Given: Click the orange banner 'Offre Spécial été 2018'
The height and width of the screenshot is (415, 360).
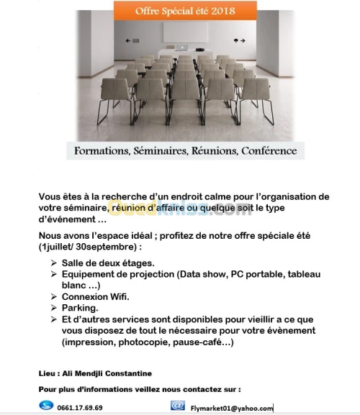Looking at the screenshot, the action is point(176,10).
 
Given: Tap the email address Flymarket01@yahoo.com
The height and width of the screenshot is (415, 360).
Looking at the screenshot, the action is point(232,408).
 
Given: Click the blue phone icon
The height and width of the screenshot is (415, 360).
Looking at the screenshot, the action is point(45,406).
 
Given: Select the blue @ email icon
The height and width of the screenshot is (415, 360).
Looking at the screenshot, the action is point(177,406).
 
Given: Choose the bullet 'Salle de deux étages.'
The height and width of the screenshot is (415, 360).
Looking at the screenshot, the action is point(107,263).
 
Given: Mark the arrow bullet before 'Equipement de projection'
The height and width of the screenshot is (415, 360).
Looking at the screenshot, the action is point(54,274).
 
